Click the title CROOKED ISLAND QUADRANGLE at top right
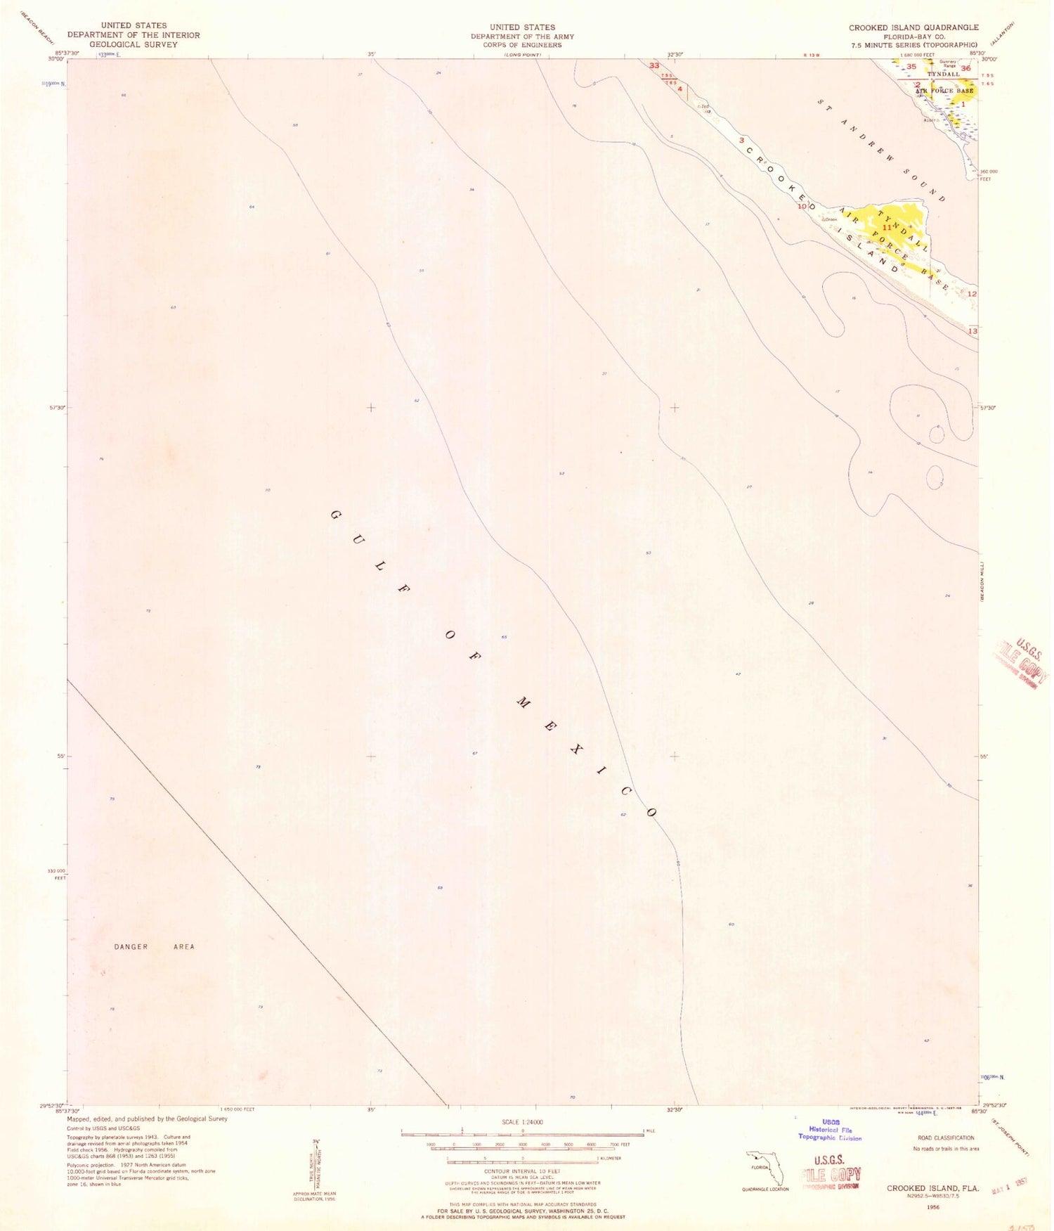pos(913,27)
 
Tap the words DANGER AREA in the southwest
pos(154,947)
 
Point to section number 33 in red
pos(655,65)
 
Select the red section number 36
pos(965,68)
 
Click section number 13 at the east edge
pos(972,330)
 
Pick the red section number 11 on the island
pos(887,228)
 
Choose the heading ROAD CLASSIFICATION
pos(946,1137)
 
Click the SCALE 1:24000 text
pos(522,1123)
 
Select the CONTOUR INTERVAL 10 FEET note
pos(522,1171)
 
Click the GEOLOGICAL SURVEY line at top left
pos(134,44)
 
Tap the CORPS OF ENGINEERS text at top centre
pos(522,45)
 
